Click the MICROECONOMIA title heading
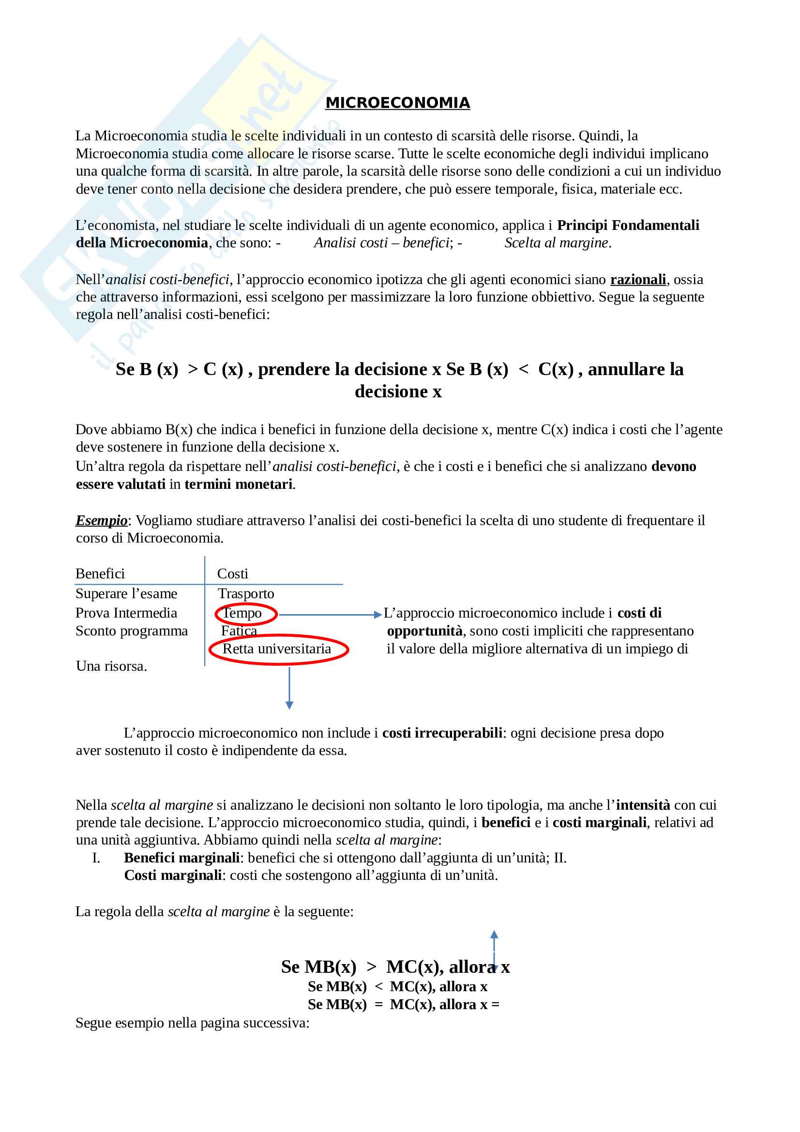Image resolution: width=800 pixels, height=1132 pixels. point(397,103)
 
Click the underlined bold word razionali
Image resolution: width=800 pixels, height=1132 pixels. point(638,280)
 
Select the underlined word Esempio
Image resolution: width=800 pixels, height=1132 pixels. point(101,520)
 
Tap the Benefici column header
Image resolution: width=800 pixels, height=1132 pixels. point(100,574)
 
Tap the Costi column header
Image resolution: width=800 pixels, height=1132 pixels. point(233,574)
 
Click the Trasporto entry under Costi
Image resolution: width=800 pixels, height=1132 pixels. point(246,593)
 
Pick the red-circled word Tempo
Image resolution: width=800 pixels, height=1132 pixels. point(242,613)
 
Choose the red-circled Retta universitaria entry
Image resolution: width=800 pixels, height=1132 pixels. point(276,649)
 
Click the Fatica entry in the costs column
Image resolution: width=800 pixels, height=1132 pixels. point(239,631)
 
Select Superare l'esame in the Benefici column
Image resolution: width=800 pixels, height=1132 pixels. point(126,593)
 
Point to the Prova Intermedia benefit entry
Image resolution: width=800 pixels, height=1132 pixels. point(126,613)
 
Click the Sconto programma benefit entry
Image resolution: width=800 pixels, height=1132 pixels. point(132,631)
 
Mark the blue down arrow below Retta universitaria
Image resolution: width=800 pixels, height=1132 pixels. point(289,688)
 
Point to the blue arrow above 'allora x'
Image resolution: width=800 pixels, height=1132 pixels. point(495,949)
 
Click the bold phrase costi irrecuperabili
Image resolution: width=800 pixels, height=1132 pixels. point(442,733)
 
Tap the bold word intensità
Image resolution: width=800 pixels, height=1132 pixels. point(643,805)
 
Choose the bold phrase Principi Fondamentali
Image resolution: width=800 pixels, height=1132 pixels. point(628,225)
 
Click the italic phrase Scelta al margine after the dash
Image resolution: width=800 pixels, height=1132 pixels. point(557,242)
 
